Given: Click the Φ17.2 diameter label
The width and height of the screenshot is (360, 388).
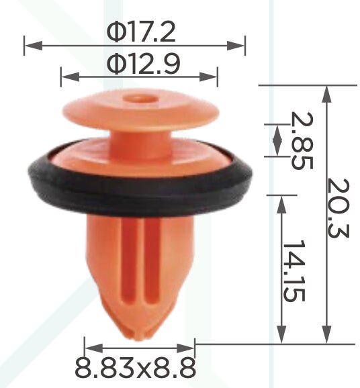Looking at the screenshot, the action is tap(141, 32).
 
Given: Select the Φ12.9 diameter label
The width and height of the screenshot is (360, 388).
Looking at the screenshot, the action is tap(143, 63).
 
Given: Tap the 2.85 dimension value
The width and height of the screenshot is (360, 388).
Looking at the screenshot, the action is tap(302, 140).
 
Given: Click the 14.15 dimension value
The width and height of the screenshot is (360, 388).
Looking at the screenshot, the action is tap(294, 271).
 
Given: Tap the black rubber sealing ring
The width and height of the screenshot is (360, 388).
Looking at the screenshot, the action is tap(140, 191).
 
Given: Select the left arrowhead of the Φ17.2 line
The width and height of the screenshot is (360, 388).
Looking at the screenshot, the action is tap(34, 46).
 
